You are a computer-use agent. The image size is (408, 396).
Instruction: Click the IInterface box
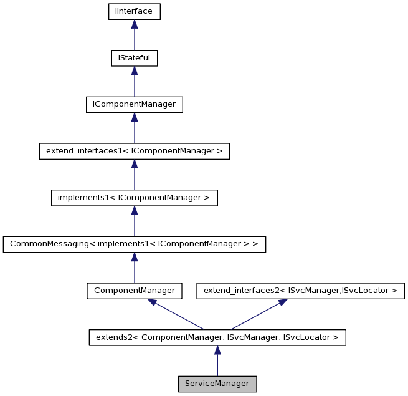point(134,11)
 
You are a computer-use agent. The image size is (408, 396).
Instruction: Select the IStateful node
point(134,58)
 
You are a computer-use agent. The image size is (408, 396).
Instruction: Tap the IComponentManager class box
point(134,104)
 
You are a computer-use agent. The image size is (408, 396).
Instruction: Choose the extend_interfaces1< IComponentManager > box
point(134,151)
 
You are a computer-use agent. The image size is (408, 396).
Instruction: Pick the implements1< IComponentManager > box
point(134,197)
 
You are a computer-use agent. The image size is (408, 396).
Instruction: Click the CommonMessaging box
point(134,244)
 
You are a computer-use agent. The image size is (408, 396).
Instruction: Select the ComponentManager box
point(134,291)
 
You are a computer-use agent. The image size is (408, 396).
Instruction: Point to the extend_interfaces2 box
point(300,291)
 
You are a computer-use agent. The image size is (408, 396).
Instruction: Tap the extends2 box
point(217,337)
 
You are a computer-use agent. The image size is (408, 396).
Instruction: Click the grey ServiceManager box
point(217,384)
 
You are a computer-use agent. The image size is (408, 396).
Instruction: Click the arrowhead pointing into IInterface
point(134,24)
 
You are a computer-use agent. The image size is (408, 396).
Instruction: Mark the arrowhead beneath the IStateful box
point(134,70)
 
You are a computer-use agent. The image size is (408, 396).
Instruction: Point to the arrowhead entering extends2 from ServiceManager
point(217,350)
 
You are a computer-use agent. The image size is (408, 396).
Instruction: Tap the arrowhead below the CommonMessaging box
point(134,257)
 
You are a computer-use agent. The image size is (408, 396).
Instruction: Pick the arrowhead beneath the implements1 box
point(134,210)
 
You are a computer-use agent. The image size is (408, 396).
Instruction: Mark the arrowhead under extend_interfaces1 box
point(134,163)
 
